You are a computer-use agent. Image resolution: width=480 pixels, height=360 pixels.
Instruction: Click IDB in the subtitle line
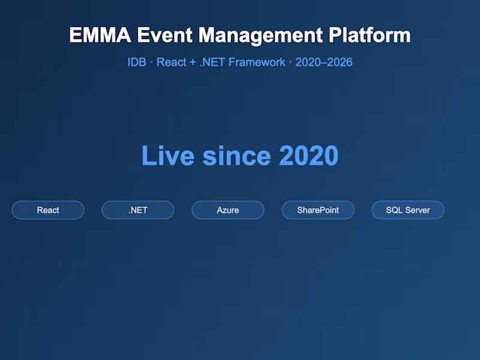[x=137, y=62]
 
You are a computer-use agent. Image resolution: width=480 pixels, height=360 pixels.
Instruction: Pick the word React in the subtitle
[x=171, y=62]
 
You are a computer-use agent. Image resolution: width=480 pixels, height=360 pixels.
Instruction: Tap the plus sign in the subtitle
[x=193, y=62]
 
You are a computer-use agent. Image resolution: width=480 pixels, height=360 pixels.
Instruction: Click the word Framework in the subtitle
[x=259, y=62]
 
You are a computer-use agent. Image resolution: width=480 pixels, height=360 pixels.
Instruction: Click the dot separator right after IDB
[x=151, y=62]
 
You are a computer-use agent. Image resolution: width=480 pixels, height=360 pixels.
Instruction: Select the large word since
[x=236, y=156]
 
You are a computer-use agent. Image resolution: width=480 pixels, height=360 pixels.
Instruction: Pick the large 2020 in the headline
[x=308, y=156]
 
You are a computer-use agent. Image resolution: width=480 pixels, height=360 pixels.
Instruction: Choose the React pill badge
[x=48, y=210]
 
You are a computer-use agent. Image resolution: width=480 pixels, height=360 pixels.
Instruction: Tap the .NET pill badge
[x=138, y=210]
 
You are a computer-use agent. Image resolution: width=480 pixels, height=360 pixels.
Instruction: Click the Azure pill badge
[x=228, y=210]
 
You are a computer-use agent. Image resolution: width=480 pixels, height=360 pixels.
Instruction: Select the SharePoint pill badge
[x=318, y=210]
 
